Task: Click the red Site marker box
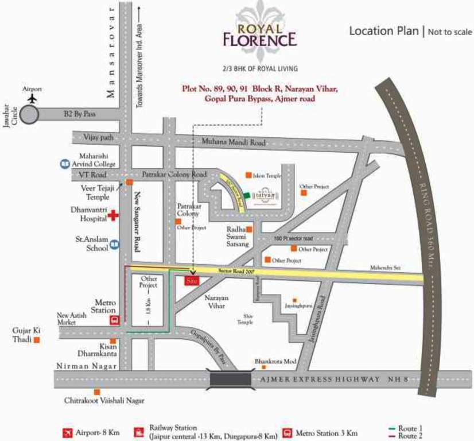tap(191, 281)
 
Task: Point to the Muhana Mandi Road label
tap(233, 142)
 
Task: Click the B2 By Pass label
tap(80, 114)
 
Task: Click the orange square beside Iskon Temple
tap(248, 175)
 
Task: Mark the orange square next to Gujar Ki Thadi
tap(37, 340)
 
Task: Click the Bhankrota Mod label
tap(275, 362)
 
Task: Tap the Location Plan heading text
tap(384, 31)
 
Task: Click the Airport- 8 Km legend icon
tap(68, 432)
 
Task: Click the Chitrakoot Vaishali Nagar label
tap(104, 401)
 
